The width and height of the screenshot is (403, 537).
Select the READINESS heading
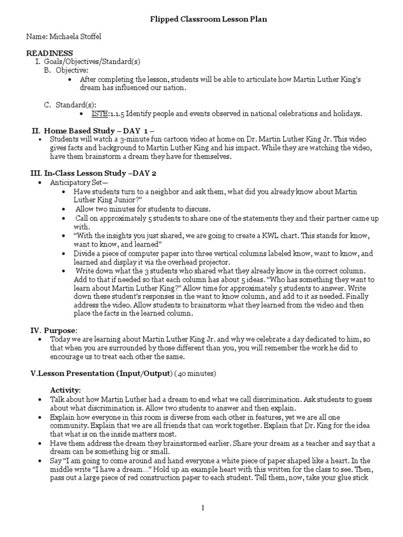pyautogui.click(x=50, y=53)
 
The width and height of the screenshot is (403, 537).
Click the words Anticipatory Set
pyautogui.click(x=76, y=183)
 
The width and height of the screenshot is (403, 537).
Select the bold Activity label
pyautogui.click(x=65, y=390)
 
